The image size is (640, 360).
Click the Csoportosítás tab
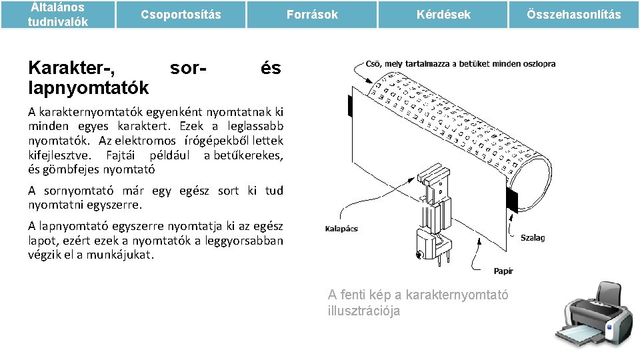click(181, 15)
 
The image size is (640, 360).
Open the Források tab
click(312, 15)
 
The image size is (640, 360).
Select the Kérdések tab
click(443, 15)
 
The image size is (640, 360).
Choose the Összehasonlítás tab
click(573, 15)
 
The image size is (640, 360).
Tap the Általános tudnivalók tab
click(57, 15)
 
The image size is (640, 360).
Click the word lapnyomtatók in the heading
click(88, 87)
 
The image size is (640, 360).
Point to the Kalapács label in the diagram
click(341, 229)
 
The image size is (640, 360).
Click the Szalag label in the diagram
click(532, 237)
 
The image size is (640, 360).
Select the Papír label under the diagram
click(503, 271)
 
